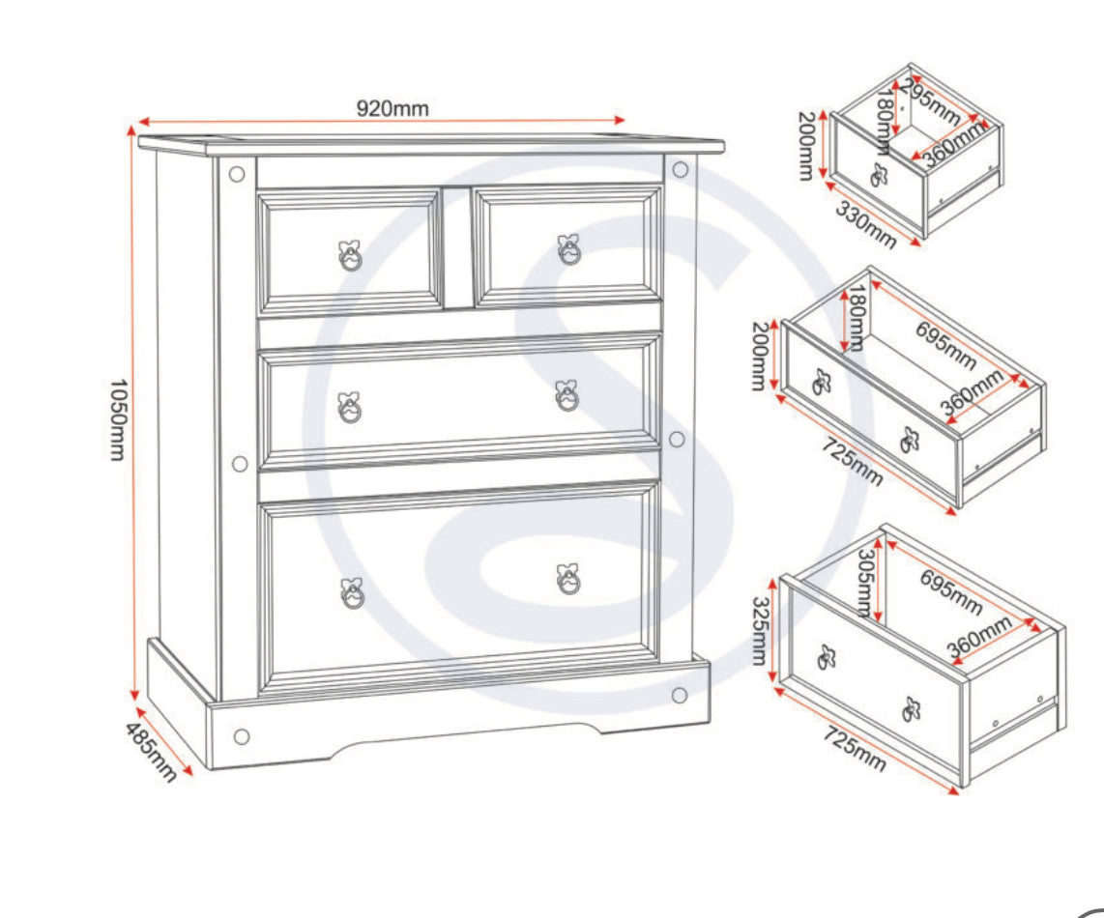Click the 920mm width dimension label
392,108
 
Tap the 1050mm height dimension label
118,420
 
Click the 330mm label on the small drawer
865,224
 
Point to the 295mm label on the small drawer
929,102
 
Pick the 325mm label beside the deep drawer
759,631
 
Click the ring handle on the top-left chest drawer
351,255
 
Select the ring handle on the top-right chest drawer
568,249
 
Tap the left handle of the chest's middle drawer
349,407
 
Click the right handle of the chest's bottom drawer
568,579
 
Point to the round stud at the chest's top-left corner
237,174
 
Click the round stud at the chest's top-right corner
681,169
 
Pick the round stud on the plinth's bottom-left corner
242,737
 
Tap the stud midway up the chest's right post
677,440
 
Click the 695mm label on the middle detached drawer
945,345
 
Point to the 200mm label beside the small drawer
807,146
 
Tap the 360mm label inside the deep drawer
979,638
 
